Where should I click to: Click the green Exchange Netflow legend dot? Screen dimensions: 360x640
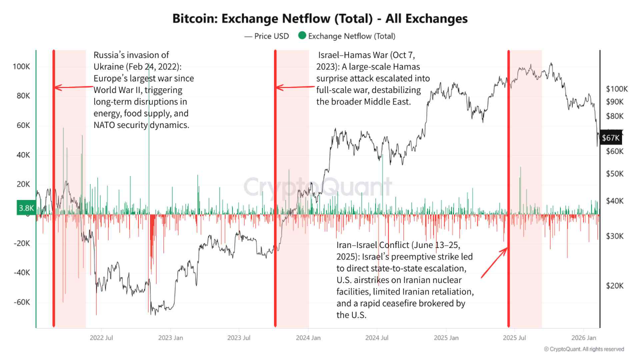pos(301,36)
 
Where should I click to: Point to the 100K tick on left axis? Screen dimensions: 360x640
pos(21,66)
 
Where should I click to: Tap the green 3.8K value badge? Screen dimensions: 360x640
pos(26,208)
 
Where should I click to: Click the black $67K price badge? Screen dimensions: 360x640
pos(610,137)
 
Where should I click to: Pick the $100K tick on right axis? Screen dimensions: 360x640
pos(616,89)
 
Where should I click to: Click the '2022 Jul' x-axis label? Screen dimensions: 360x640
pos(101,338)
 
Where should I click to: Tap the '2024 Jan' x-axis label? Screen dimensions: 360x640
pos(308,338)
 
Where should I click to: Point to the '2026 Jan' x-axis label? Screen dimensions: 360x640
pos(584,338)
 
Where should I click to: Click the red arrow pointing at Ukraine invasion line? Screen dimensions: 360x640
pos(72,87)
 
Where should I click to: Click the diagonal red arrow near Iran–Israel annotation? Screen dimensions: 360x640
pos(494,262)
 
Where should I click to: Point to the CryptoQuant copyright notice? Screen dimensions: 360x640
pos(583,349)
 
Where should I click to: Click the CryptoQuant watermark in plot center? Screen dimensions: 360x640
pos(317,187)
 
